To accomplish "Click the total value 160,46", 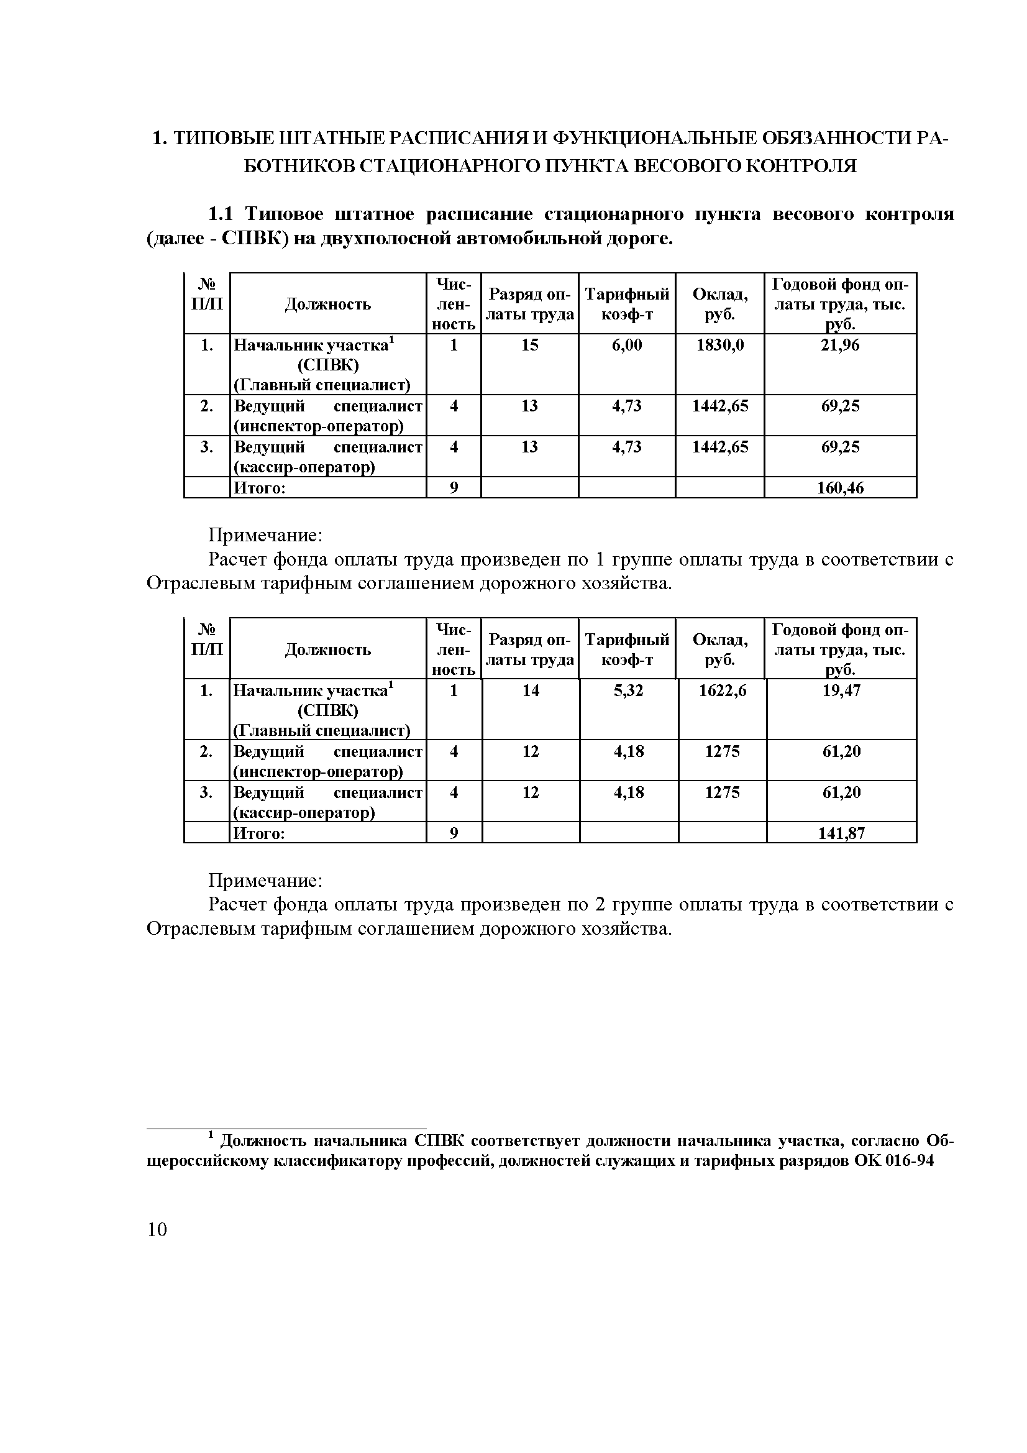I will (x=840, y=488).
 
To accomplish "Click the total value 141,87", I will (x=841, y=833).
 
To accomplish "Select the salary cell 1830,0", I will (x=719, y=345).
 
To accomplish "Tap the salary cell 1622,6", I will (x=722, y=690).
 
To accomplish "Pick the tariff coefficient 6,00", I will (x=626, y=345).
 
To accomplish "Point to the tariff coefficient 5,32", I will (x=628, y=690).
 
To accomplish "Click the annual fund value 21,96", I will (x=840, y=345).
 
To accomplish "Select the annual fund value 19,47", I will (x=841, y=690).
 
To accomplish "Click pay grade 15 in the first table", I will (x=529, y=345).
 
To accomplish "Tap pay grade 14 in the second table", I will (x=531, y=690).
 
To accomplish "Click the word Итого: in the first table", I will (x=260, y=488).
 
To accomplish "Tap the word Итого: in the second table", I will (x=259, y=833).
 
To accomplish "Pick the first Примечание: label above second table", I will (x=266, y=535).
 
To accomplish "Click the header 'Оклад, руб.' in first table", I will (x=719, y=304).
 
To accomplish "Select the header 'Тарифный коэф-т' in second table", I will (x=626, y=649).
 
